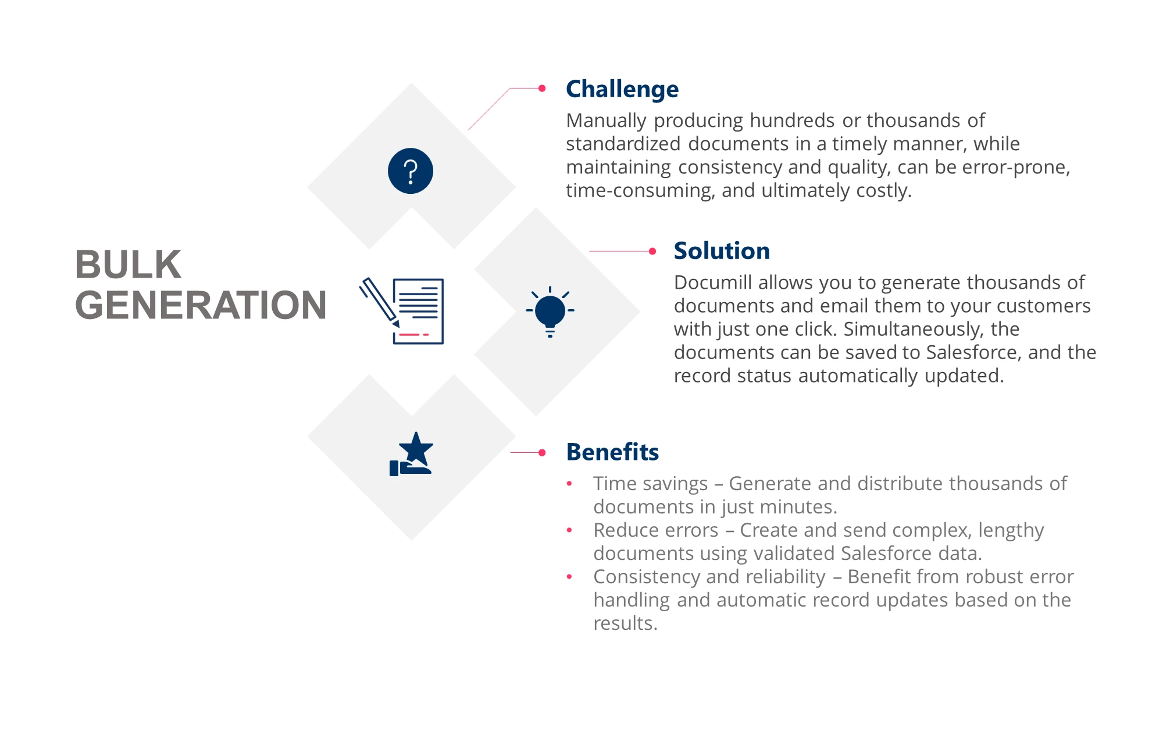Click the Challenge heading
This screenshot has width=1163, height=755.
pyautogui.click(x=622, y=90)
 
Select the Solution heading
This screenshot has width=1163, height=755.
pyautogui.click(x=722, y=251)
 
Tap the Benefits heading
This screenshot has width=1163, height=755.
pyautogui.click(x=612, y=452)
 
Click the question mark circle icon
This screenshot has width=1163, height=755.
pyautogui.click(x=411, y=171)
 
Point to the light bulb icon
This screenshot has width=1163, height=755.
pyautogui.click(x=550, y=311)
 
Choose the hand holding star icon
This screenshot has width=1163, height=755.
pyautogui.click(x=412, y=454)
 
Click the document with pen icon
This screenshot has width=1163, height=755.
pyautogui.click(x=402, y=311)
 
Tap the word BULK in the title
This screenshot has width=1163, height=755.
pyautogui.click(x=128, y=265)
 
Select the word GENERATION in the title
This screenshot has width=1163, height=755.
pyautogui.click(x=201, y=305)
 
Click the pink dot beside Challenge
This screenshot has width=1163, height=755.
pyautogui.click(x=542, y=88)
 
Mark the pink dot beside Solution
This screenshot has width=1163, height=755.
pyautogui.click(x=652, y=251)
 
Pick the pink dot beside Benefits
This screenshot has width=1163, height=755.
pyautogui.click(x=542, y=452)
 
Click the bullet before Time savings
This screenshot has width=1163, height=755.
pyautogui.click(x=569, y=484)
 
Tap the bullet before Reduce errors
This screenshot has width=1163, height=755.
pyautogui.click(x=569, y=530)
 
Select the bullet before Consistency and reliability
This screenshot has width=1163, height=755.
pyautogui.click(x=569, y=577)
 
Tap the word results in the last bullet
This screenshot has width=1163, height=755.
pyautogui.click(x=626, y=623)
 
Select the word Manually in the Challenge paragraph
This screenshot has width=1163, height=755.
pyautogui.click(x=607, y=121)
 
